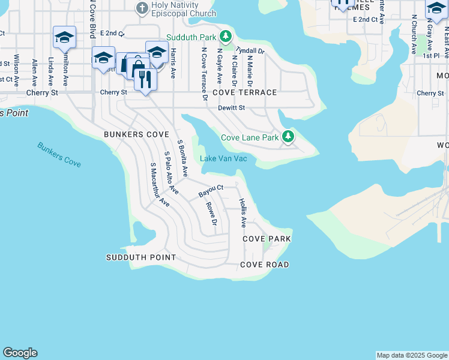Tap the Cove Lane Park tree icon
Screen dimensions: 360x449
pos(289,137)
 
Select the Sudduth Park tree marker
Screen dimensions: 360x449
pos(226,37)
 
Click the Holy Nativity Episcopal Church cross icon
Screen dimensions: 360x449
pos(142,8)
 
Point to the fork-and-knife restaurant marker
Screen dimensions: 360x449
pos(145,79)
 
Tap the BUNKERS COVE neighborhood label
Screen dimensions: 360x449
pos(136,134)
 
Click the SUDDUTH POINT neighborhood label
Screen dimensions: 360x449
pos(141,257)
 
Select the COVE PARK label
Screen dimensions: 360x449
pos(267,239)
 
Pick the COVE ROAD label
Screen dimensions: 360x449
pos(264,265)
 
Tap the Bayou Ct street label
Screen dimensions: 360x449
pos(211,191)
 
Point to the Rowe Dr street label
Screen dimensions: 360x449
pos(211,214)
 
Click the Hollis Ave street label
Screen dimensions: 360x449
pos(243,213)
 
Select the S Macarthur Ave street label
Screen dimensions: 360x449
pos(160,185)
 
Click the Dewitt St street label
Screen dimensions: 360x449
pos(232,108)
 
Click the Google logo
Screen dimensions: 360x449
pos(20,353)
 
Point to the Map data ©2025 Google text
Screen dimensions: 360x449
pos(411,355)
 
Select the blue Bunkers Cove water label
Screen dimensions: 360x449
pos(59,154)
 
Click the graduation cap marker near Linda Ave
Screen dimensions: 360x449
pos(64,38)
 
